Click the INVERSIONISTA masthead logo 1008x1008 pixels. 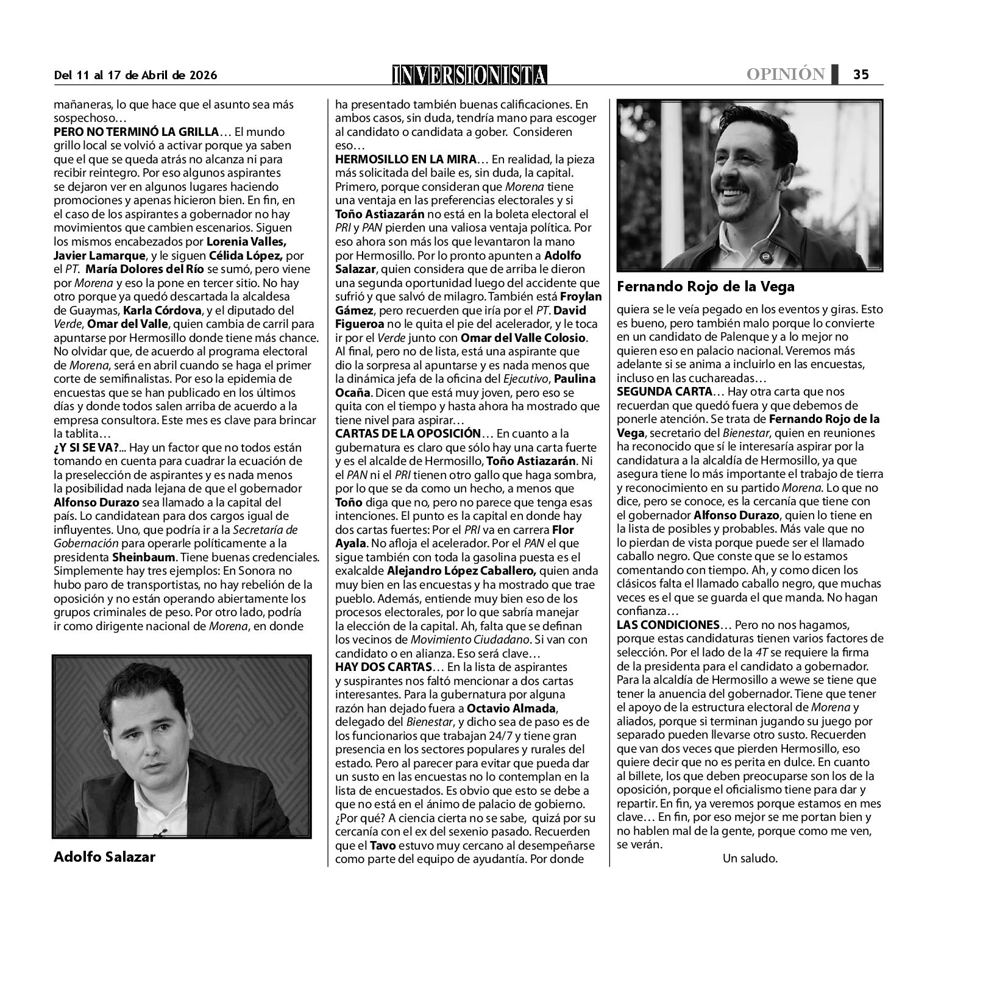point(469,74)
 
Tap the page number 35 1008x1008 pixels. point(860,74)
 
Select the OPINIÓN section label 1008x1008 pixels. point(786,74)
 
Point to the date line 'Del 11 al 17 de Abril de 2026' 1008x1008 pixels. point(135,75)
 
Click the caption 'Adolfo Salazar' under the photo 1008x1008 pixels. point(104,857)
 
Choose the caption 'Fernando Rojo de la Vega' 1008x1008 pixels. point(706,286)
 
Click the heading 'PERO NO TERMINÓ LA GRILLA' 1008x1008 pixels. point(136,132)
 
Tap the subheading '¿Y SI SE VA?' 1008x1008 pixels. point(87,447)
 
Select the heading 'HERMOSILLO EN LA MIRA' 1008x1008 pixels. point(405,160)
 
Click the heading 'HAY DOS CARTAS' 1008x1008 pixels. point(383,667)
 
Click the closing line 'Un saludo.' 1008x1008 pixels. point(750,859)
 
